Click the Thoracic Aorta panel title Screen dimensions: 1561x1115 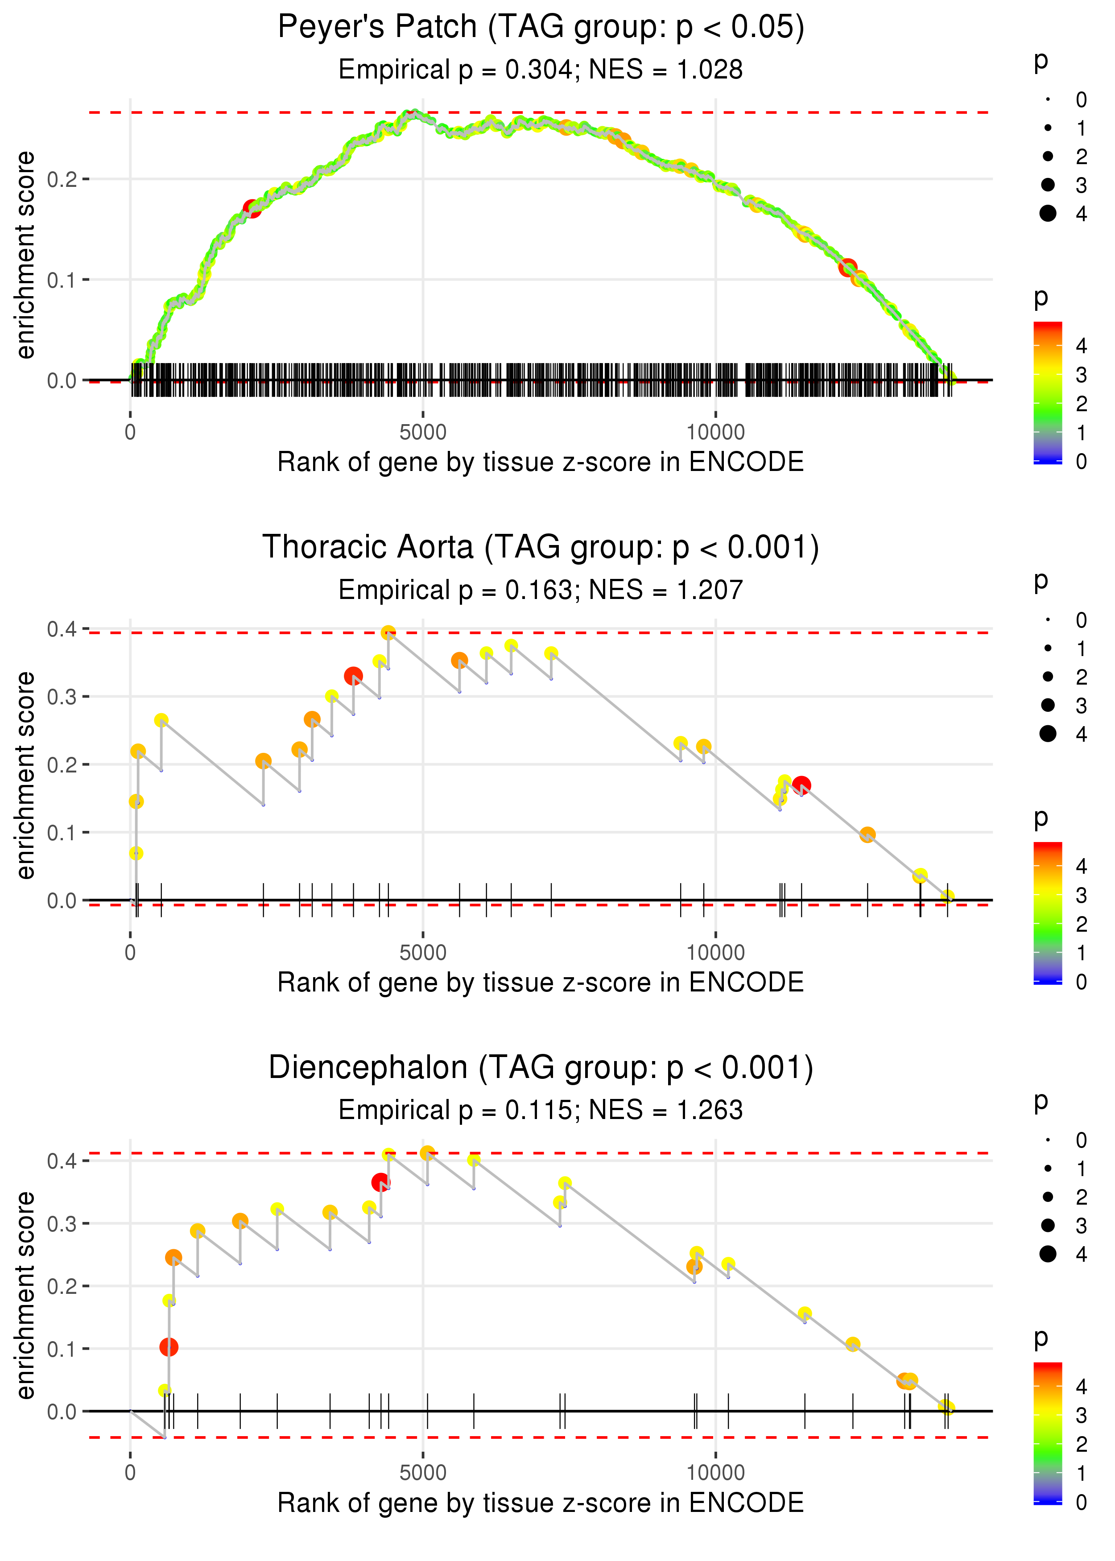click(541, 548)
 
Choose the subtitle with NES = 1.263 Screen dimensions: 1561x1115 click(541, 1111)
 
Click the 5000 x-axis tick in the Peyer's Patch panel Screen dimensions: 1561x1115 click(423, 433)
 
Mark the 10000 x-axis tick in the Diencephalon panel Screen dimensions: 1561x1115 click(715, 1473)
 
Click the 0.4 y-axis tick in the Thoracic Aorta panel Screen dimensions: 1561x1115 click(62, 629)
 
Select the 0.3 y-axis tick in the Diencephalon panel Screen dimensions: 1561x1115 click(62, 1224)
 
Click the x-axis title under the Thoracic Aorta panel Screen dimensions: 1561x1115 click(541, 983)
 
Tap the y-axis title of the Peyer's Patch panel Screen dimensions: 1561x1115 click(25, 256)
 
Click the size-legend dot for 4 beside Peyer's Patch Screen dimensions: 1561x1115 click(1048, 214)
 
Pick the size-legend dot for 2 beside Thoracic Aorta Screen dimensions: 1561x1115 click(1048, 677)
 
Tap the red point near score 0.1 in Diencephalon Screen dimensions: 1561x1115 click(169, 1347)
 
